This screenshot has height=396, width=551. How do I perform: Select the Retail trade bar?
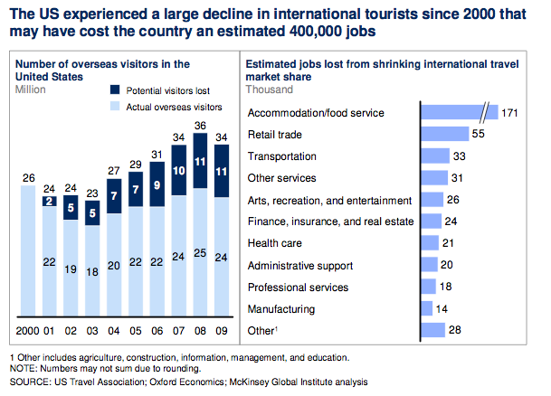[444, 135]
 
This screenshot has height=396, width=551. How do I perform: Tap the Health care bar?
[429, 242]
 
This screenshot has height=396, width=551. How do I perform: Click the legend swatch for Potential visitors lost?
[115, 91]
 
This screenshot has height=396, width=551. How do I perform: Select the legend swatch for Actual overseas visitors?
[115, 108]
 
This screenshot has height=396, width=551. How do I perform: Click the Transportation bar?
[435, 156]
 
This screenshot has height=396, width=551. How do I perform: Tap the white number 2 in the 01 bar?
[50, 200]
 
